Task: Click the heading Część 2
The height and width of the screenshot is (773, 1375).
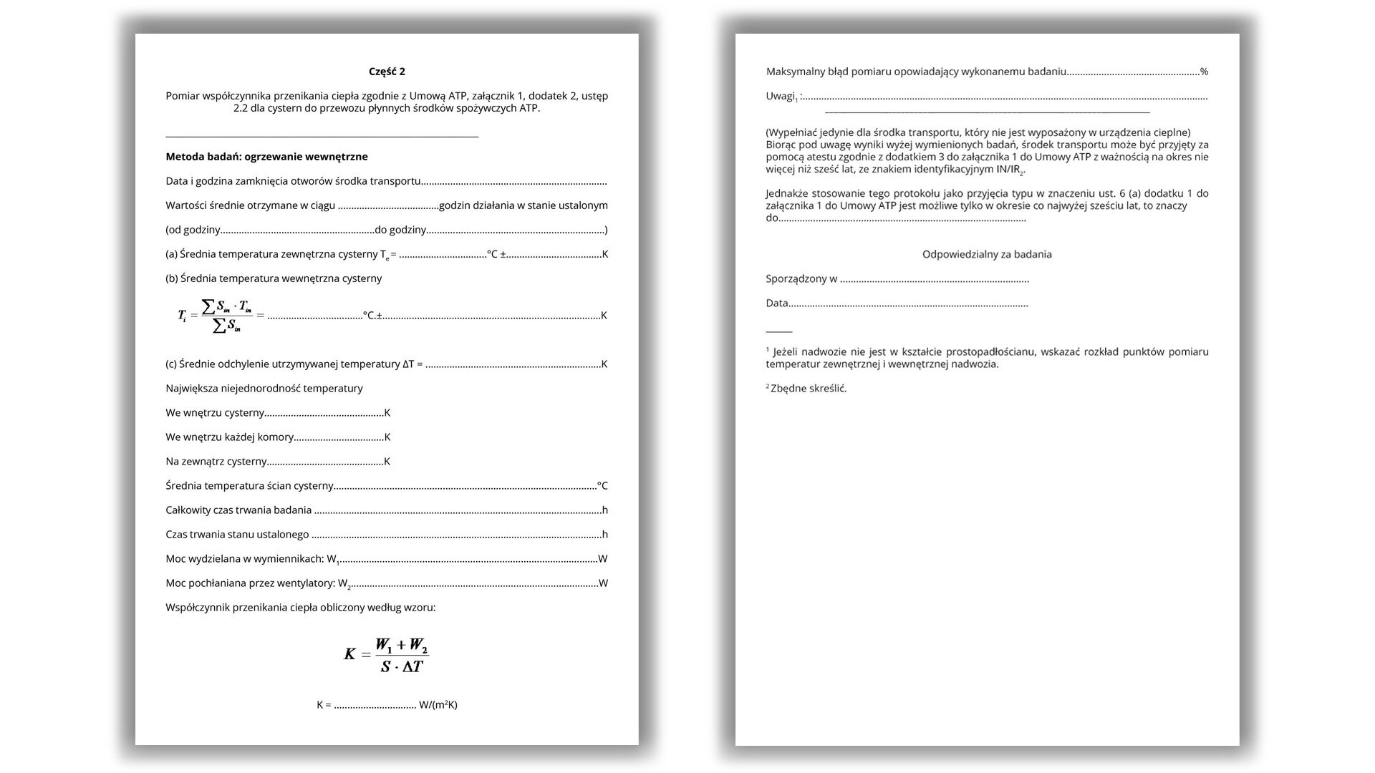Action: point(387,72)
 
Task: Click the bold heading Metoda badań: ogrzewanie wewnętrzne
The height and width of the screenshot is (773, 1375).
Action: point(266,157)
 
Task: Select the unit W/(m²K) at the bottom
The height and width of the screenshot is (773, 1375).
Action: point(438,705)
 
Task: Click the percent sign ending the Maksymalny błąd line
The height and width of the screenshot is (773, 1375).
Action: point(1205,72)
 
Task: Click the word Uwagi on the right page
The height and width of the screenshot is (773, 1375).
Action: point(780,96)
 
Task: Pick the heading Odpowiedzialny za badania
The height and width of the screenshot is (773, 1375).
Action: point(987,254)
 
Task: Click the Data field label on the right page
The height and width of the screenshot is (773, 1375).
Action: point(777,303)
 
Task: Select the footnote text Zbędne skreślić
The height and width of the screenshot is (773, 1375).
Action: point(809,389)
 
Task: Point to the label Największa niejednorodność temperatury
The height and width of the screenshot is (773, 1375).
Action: point(264,389)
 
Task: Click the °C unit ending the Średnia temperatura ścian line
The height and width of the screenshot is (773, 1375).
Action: point(602,486)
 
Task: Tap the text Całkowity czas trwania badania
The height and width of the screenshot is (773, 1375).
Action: point(238,510)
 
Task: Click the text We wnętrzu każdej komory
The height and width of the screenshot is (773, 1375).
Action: point(229,437)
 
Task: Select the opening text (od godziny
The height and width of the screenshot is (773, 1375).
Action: point(193,230)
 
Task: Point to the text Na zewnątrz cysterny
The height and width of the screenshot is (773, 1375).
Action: point(216,462)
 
